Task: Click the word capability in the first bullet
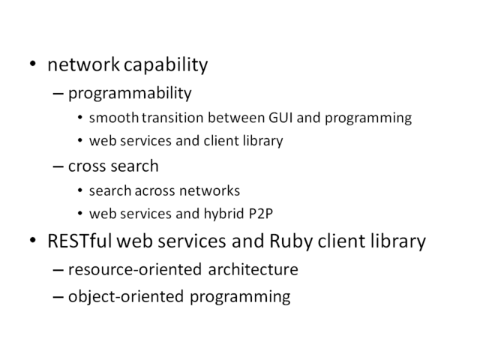point(166,65)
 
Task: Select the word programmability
point(130,93)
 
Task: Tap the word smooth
point(114,118)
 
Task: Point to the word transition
point(172,118)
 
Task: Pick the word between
point(236,118)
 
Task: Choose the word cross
point(88,166)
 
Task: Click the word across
point(155,190)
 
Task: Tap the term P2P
point(260,213)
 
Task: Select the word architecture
point(253,269)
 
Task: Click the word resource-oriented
point(135,269)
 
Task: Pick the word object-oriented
point(126,297)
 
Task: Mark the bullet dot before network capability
point(33,64)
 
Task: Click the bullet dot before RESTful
point(33,240)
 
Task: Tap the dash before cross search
point(58,166)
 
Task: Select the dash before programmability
point(58,93)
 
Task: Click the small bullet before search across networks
point(80,190)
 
